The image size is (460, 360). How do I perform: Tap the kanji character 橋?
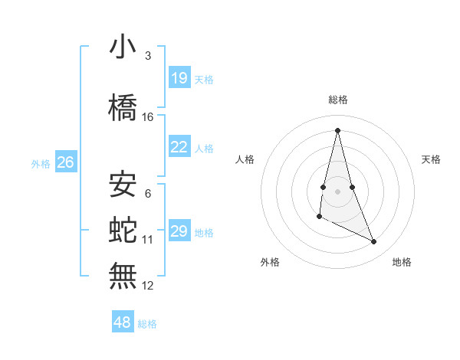123,108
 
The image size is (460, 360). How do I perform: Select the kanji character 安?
123,185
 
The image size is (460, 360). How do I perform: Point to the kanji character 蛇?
123,229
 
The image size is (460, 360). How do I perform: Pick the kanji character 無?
123,275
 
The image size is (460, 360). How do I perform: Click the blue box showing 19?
179,78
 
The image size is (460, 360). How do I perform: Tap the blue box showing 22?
179,147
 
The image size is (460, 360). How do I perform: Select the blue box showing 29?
179,231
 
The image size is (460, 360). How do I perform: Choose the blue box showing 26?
66,162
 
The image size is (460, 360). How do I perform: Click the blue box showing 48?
123,322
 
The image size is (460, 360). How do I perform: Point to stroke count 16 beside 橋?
148,117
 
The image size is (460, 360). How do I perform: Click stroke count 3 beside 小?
148,56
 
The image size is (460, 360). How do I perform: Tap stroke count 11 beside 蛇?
148,240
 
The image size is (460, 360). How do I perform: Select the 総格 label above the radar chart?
338,100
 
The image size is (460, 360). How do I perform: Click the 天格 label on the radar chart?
432,159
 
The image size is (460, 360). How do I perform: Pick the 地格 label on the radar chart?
402,262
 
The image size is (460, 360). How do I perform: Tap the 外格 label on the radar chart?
270,262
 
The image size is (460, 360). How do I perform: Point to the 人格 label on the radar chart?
245,159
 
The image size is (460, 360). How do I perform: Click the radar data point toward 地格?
374,242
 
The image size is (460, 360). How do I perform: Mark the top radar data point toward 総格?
338,129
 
